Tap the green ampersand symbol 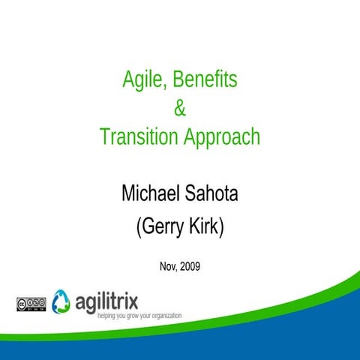[179, 109]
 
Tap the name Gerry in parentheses [163, 228]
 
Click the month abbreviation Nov [168, 265]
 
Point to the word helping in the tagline [109, 316]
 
